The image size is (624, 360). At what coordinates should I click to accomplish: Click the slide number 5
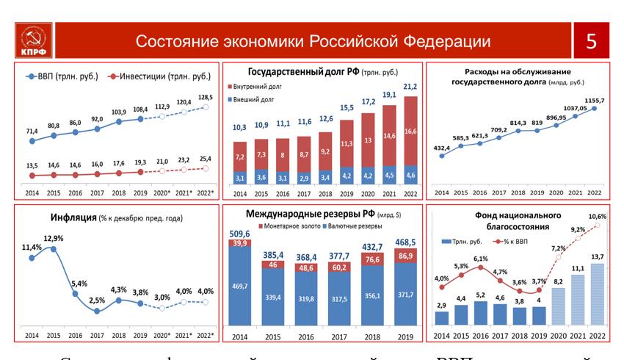click(x=591, y=41)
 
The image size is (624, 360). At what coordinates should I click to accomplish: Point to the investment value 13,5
click(x=32, y=165)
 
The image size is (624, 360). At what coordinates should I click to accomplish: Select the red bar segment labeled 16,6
click(x=411, y=131)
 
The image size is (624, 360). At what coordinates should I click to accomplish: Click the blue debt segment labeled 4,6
click(x=411, y=176)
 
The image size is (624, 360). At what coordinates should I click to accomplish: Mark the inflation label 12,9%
click(x=53, y=238)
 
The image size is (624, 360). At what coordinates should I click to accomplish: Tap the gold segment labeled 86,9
click(x=404, y=255)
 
